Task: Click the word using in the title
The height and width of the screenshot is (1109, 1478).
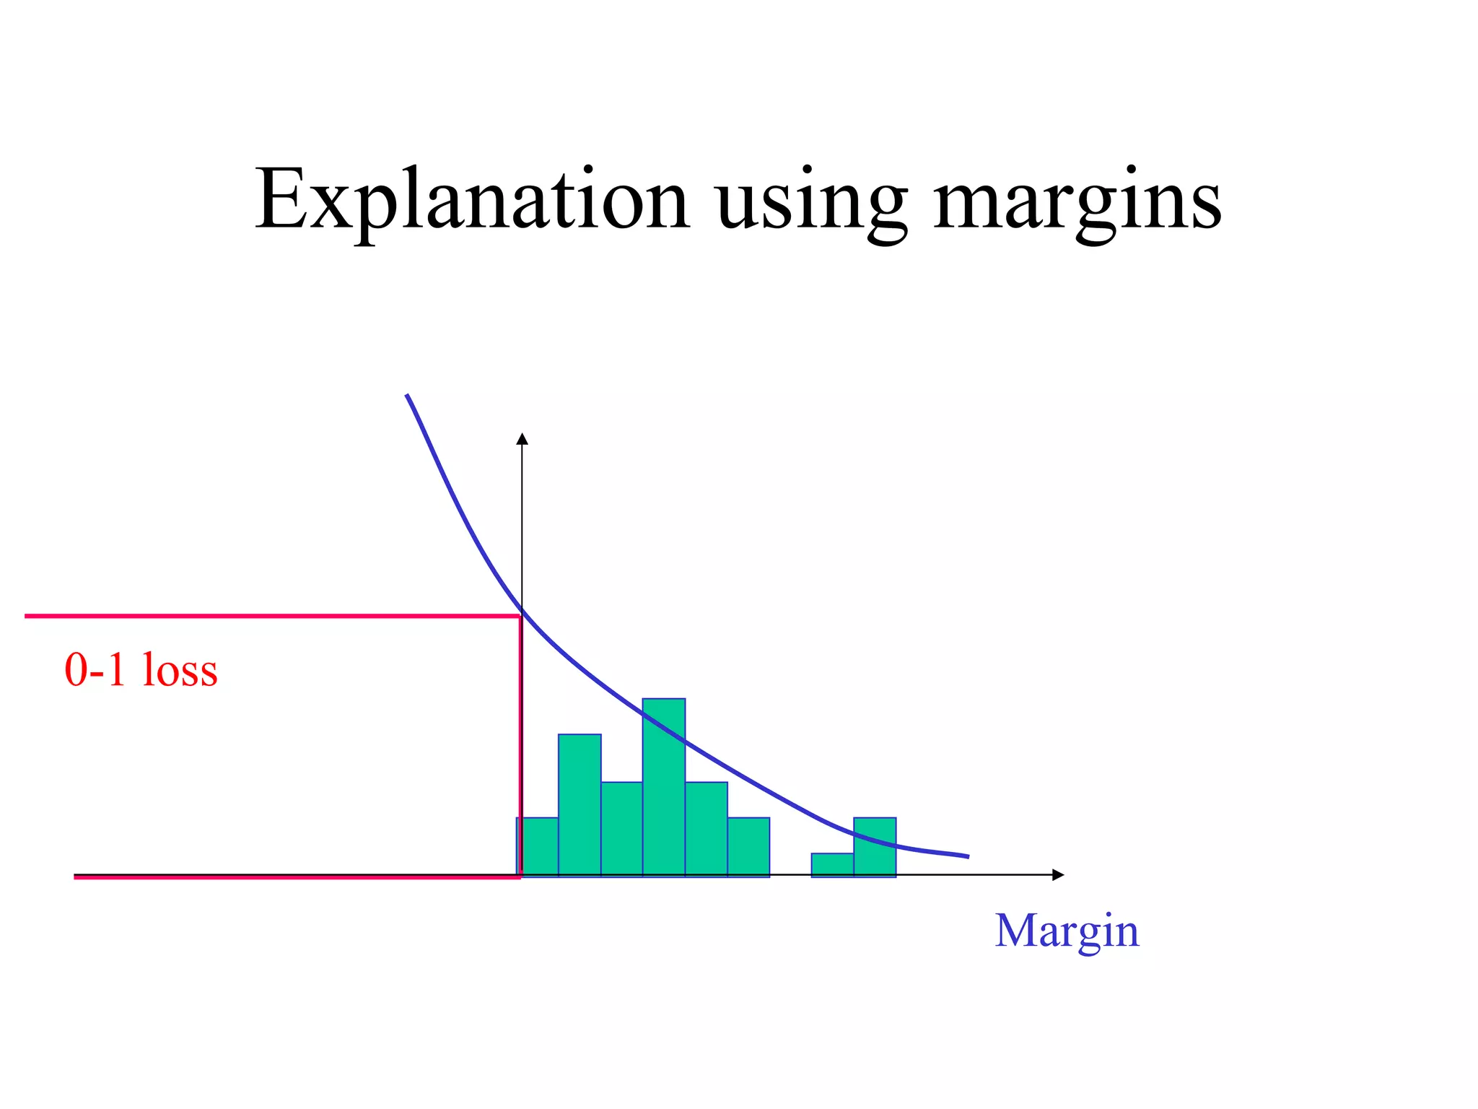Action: click(x=812, y=202)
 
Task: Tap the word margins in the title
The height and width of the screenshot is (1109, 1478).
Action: click(x=1077, y=202)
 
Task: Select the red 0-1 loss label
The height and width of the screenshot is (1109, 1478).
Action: click(x=141, y=669)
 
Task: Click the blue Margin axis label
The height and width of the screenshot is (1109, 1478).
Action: click(x=1067, y=931)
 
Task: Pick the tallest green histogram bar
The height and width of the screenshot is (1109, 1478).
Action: click(x=664, y=787)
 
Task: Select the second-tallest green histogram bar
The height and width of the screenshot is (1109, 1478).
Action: click(x=580, y=805)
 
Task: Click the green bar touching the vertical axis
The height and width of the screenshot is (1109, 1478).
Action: click(x=538, y=846)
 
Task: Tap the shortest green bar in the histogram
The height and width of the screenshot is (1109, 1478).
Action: click(x=832, y=864)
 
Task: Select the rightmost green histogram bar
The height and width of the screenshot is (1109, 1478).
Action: click(x=875, y=846)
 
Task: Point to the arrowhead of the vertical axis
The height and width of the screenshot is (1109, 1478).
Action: click(x=522, y=438)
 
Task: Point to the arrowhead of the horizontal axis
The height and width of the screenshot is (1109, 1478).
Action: click(x=1059, y=875)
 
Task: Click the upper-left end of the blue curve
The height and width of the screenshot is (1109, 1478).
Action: click(x=408, y=396)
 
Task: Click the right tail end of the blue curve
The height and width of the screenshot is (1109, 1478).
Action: click(x=966, y=856)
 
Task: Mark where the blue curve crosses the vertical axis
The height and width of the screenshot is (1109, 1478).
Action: click(x=522, y=611)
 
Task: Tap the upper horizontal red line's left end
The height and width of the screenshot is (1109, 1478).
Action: click(x=27, y=616)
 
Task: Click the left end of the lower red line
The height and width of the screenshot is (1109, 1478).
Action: click(x=76, y=877)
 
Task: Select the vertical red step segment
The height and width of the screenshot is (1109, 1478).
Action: click(x=520, y=744)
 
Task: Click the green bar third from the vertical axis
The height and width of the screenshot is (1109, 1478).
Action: click(x=621, y=829)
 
